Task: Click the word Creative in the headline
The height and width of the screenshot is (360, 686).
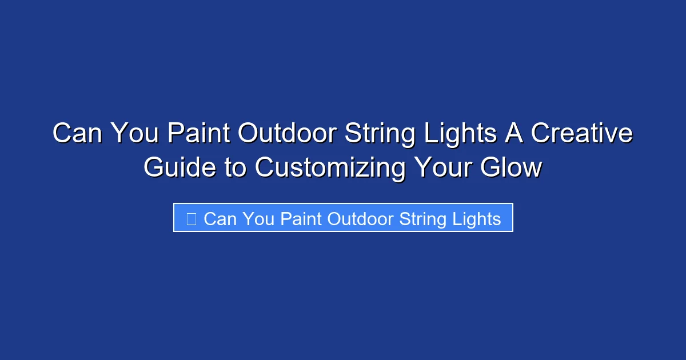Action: click(582, 134)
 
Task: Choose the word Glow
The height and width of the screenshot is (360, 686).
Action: click(510, 167)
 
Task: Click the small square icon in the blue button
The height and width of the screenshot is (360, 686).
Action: click(192, 218)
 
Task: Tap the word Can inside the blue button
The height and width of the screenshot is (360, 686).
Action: click(220, 219)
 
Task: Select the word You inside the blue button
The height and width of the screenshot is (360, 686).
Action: click(258, 219)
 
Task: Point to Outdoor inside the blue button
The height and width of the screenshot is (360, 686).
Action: click(360, 219)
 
